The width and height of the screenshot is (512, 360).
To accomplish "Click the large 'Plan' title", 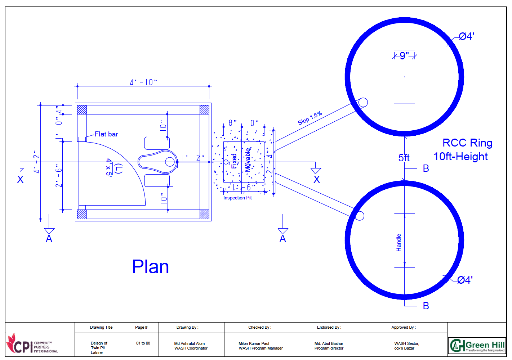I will click(150, 267).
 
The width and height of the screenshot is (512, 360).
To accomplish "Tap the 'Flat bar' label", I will click(106, 134).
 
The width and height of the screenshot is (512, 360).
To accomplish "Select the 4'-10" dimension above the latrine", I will click(143, 82).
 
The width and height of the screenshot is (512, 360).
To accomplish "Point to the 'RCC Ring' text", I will click(467, 143).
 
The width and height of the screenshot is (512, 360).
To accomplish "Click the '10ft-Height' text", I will click(460, 157).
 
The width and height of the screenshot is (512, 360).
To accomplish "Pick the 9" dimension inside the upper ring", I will click(404, 56).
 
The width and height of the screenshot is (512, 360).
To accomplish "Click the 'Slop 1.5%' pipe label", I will click(310, 118).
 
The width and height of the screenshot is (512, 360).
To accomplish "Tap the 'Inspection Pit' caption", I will click(237, 198).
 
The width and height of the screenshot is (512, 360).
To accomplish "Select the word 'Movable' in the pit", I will click(248, 160).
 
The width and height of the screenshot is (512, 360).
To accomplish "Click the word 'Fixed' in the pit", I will click(234, 161).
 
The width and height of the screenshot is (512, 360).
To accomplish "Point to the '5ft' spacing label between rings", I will click(404, 158).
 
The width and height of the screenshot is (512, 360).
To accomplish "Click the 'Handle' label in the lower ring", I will click(399, 243).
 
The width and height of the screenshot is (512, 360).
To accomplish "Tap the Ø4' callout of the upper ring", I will click(466, 36).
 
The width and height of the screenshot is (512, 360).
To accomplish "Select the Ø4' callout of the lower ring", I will click(465, 280).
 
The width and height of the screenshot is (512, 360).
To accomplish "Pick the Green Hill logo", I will click(477, 346).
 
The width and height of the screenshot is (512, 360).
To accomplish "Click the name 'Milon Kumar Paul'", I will click(254, 343).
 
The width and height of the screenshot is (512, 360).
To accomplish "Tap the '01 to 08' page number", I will click(143, 343).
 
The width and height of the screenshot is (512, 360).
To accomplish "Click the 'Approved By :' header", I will click(404, 327).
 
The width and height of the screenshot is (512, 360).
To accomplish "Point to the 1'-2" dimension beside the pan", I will click(193, 158).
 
